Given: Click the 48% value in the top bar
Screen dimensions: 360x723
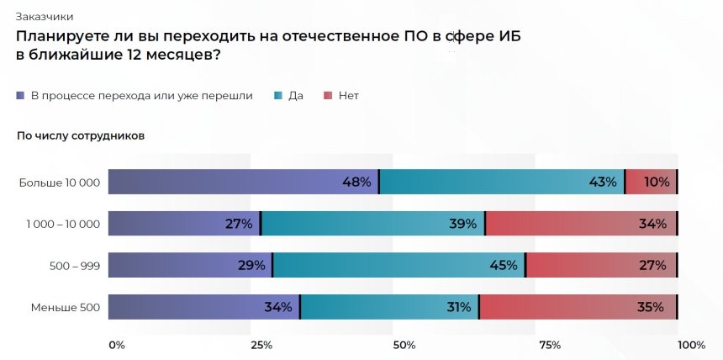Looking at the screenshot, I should pyautogui.click(x=356, y=182).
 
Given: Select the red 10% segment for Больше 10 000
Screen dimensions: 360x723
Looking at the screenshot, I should pyautogui.click(x=652, y=182).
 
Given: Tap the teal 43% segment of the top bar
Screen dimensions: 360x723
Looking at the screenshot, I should pyautogui.click(x=502, y=182).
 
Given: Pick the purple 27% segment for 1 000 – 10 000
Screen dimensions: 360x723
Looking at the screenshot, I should pyautogui.click(x=184, y=224).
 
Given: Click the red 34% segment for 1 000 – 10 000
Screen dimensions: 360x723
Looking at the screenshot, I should pyautogui.click(x=581, y=224).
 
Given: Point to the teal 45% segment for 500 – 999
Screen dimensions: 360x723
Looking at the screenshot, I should pyautogui.click(x=399, y=265).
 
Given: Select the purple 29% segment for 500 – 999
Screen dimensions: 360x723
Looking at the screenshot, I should pyautogui.click(x=190, y=265).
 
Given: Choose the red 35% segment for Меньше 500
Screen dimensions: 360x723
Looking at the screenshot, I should pyautogui.click(x=578, y=307).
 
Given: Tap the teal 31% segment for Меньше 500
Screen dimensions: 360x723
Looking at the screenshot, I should pyautogui.click(x=389, y=307).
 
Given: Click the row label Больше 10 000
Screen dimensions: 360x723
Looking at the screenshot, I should pyautogui.click(x=60, y=183).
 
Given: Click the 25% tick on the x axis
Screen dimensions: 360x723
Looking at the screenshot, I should pyautogui.click(x=261, y=345).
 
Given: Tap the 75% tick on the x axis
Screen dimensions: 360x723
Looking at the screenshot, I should pyautogui.click(x=550, y=345).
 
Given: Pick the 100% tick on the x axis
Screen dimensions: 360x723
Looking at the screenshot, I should pyautogui.click(x=691, y=345).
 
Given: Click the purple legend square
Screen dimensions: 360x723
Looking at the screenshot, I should pyautogui.click(x=20, y=96).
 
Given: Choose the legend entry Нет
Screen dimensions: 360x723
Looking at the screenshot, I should pyautogui.click(x=348, y=96).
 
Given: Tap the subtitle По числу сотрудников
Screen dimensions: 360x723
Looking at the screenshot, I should pyautogui.click(x=81, y=135).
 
